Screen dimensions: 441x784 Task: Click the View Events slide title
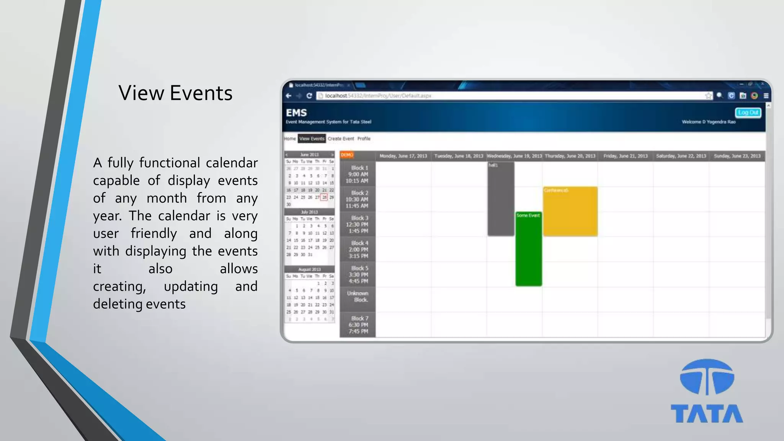click(175, 93)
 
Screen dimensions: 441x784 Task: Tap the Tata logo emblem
click(707, 377)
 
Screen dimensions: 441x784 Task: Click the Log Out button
click(748, 113)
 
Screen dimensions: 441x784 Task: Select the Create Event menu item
click(341, 139)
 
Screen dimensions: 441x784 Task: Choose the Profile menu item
click(364, 139)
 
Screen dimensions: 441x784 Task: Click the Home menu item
click(290, 139)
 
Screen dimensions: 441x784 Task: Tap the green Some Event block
click(528, 249)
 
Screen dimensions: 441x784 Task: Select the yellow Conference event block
click(570, 211)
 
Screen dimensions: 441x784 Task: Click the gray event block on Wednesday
click(501, 199)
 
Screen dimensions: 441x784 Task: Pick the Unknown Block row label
click(358, 296)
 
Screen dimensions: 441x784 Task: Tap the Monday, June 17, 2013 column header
click(403, 156)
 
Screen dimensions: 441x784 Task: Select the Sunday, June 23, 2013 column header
click(737, 156)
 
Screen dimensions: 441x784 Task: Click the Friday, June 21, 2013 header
click(626, 156)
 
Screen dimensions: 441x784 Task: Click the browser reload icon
click(309, 96)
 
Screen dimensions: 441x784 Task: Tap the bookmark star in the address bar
click(708, 96)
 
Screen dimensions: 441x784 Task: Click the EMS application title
click(296, 113)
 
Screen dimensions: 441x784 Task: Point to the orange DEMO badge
click(347, 155)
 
